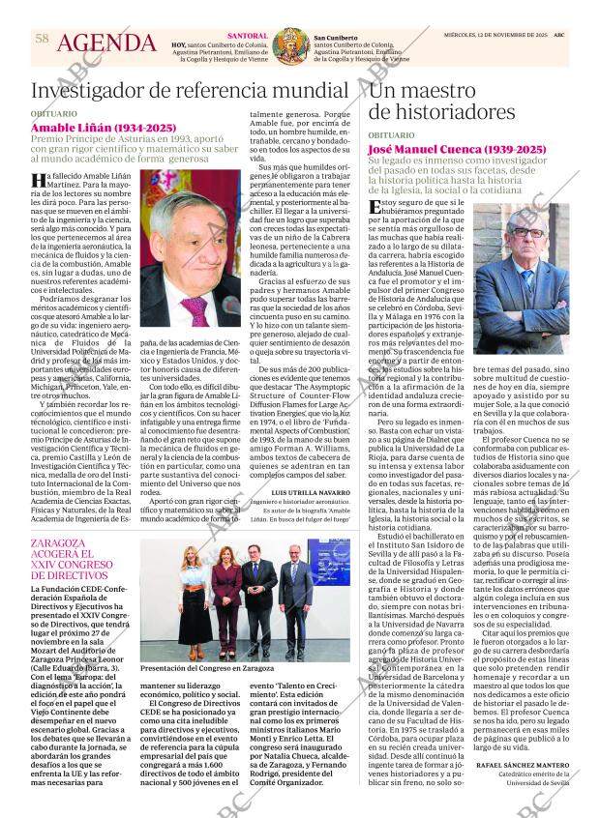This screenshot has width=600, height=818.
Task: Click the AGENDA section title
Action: [x=106, y=44]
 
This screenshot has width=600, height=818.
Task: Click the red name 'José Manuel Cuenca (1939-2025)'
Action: [x=457, y=149]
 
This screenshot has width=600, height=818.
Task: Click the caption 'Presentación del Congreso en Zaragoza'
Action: [x=208, y=668]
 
